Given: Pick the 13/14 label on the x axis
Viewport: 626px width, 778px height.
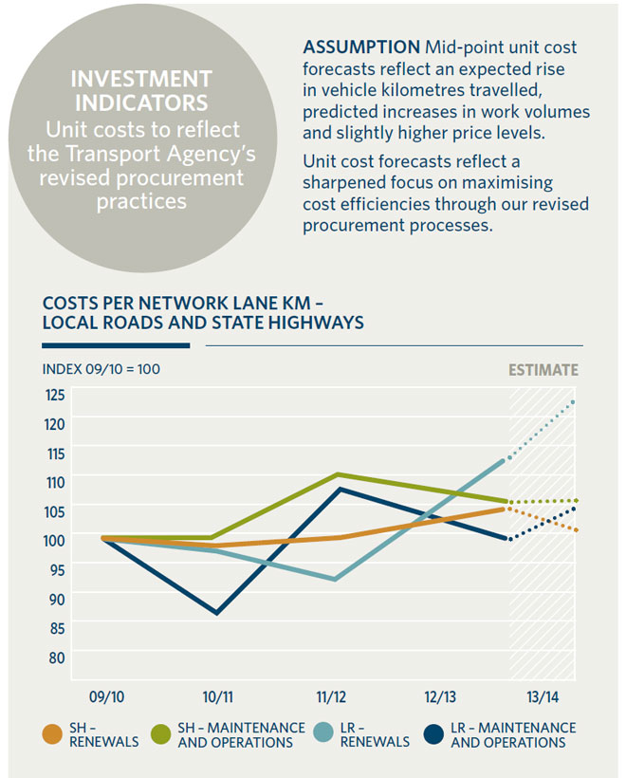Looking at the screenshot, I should click(543, 696).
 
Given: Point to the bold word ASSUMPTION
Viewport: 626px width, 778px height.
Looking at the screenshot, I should click(361, 47).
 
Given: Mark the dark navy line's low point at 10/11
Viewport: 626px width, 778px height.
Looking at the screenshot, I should click(218, 613).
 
